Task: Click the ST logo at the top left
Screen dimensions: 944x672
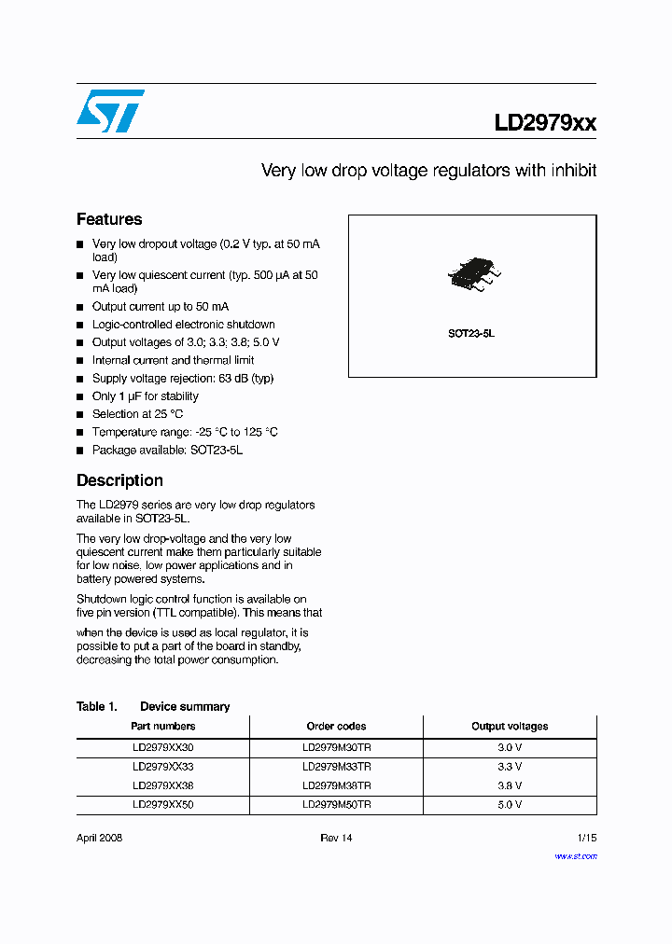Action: tap(110, 111)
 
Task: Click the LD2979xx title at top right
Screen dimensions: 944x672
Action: tap(545, 123)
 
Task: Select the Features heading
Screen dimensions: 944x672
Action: tap(109, 219)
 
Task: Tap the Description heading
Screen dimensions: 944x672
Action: tap(119, 480)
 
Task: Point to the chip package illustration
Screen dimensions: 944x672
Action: tap(472, 272)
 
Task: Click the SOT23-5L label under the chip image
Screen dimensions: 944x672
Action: tap(471, 333)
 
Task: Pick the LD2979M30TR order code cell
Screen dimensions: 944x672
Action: tap(336, 748)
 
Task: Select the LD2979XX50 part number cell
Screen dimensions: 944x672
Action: tap(163, 804)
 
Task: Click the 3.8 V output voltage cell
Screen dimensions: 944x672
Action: tap(509, 785)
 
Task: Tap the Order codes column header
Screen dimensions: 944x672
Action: tap(336, 726)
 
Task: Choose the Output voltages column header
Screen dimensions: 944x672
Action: tap(509, 726)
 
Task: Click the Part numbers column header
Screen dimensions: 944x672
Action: tap(163, 726)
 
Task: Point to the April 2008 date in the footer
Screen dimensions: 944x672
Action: tap(99, 838)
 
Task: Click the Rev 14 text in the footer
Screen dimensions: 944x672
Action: tap(336, 838)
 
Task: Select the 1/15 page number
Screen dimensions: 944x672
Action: tap(586, 838)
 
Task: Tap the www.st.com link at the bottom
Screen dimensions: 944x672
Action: tap(576, 856)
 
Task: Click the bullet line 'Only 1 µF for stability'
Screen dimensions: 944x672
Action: tap(145, 396)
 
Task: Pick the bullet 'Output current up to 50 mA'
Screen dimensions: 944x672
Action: tap(160, 307)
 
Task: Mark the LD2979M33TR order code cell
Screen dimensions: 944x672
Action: tap(336, 767)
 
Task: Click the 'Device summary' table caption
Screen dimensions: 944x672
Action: tap(185, 706)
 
